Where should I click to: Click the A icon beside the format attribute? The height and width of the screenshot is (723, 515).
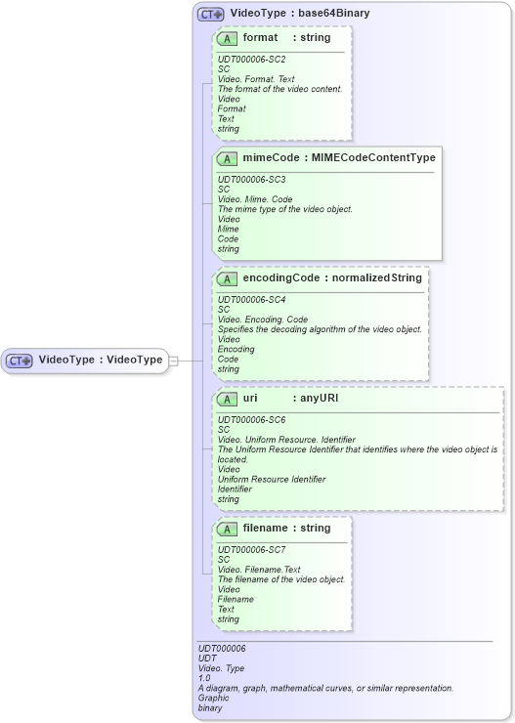coord(227,38)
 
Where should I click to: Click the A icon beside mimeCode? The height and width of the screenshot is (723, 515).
coord(227,158)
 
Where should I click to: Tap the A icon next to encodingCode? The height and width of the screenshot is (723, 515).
coord(227,278)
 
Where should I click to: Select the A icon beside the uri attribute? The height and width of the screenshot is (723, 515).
coord(227,399)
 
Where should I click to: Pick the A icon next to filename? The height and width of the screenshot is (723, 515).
coord(227,529)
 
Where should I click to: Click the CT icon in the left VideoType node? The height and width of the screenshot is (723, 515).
coord(21,360)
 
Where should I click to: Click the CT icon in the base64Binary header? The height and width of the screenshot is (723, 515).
coord(211,15)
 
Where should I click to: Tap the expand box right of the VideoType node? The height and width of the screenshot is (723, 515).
coord(173,361)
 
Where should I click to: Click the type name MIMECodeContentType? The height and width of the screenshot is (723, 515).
coord(374,157)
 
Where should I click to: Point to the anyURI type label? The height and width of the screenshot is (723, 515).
coord(319,398)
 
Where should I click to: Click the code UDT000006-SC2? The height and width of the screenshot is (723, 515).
coord(251,59)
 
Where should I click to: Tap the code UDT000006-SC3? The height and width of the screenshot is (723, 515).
coord(251,179)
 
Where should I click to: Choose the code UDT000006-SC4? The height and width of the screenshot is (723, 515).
coord(251,299)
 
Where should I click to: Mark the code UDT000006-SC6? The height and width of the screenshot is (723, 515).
coord(251,419)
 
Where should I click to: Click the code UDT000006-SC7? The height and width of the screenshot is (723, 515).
coord(251,549)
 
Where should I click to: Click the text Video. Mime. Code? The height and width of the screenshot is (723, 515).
coord(256,199)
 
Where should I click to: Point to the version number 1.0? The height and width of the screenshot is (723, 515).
coord(204,678)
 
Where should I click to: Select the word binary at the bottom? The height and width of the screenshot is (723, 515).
coord(210,707)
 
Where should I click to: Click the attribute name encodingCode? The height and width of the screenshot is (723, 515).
coord(281,277)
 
